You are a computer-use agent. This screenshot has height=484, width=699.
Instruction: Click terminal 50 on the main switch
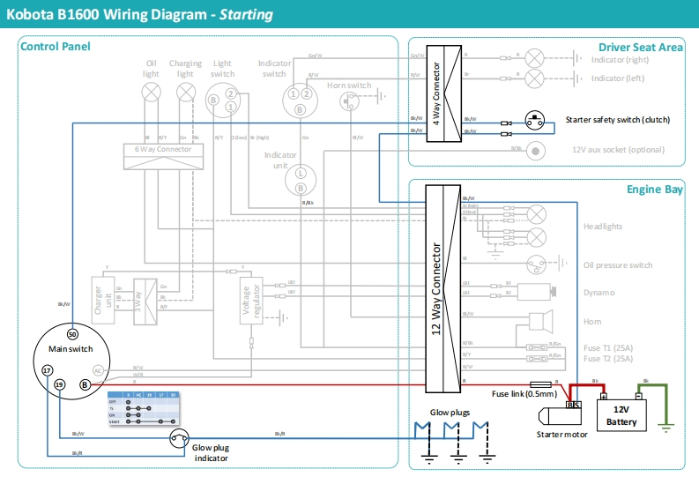tap(72, 335)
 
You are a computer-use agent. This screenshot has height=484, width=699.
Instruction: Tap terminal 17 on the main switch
tap(48, 371)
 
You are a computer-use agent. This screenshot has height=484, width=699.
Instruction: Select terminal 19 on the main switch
tap(59, 385)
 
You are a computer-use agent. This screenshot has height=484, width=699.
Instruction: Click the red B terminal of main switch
tap(85, 385)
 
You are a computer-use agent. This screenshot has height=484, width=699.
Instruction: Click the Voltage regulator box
tap(252, 302)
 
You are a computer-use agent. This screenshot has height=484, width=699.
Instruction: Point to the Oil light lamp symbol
tap(152, 92)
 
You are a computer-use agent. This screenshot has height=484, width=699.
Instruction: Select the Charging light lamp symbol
tap(185, 92)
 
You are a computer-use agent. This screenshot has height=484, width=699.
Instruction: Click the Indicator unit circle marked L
tap(300, 174)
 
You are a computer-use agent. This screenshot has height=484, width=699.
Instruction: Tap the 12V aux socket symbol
tap(534, 150)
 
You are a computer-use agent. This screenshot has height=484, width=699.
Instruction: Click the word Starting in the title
tap(246, 15)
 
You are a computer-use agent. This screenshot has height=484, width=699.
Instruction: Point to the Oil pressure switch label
tap(617, 265)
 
